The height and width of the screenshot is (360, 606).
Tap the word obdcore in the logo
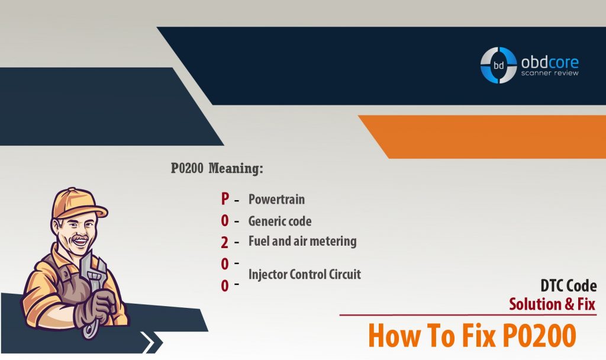(549, 61)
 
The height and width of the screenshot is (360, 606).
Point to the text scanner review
(549, 73)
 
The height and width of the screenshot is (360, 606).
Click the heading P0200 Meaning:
(217, 169)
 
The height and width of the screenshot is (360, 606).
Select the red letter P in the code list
(225, 199)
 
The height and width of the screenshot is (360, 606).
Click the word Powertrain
(276, 199)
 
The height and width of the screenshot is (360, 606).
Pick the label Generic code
(280, 221)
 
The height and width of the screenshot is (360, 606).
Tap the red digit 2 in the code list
(225, 242)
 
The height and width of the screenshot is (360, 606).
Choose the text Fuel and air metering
(302, 241)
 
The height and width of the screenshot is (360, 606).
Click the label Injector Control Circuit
(305, 274)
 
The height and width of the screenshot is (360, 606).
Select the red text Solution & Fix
(553, 304)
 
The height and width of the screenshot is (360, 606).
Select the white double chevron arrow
(153, 342)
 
